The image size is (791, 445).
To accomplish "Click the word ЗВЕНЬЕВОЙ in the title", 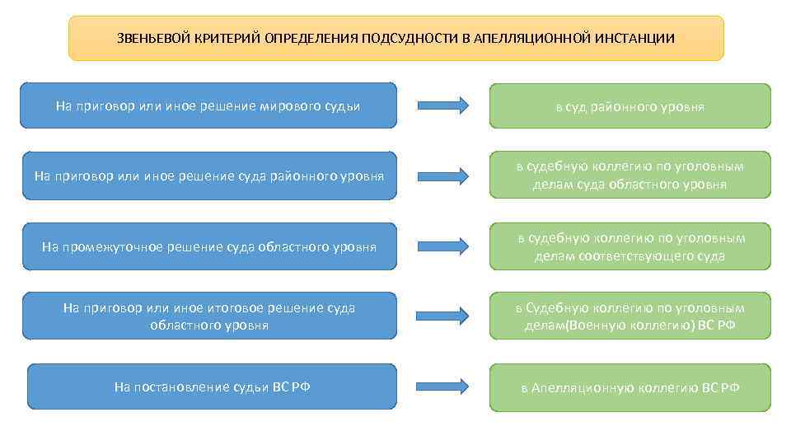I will click(x=154, y=39).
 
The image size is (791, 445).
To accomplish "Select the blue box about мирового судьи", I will click(x=208, y=105).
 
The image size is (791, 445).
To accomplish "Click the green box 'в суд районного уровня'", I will click(x=630, y=106).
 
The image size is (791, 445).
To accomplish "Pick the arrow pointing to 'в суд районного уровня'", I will click(x=443, y=105).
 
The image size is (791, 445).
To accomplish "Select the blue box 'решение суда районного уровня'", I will click(x=209, y=176).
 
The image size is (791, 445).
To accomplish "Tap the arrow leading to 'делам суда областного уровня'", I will click(x=443, y=176).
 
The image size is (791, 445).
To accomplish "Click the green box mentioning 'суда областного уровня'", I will click(x=630, y=176).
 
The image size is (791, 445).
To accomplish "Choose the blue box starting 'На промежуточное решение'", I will click(x=209, y=246).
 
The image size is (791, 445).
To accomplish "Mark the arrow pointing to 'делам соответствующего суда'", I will click(x=443, y=246).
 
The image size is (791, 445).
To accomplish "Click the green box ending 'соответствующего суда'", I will click(x=630, y=246).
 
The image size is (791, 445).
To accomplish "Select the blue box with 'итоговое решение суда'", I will click(x=209, y=316).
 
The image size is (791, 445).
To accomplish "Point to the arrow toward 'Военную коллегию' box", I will click(x=443, y=316).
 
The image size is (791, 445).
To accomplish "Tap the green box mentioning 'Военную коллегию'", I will click(x=630, y=316).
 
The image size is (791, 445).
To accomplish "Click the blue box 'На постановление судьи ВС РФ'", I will click(x=212, y=386).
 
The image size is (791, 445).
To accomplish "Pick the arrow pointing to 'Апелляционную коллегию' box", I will click(x=443, y=386).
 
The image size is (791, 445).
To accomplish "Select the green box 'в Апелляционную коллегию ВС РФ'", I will click(x=630, y=387).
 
